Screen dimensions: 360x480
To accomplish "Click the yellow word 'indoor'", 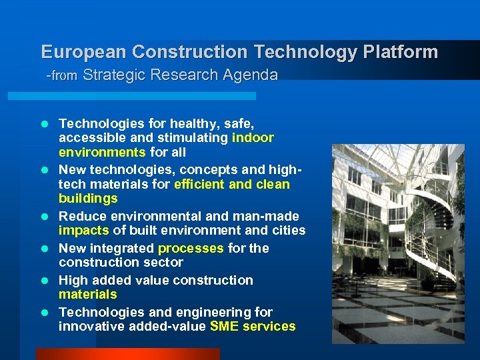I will [253, 137].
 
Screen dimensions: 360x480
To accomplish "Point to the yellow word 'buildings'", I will [88, 198].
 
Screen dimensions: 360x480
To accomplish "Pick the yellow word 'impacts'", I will [83, 230].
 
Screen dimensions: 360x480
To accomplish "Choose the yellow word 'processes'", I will [191, 248].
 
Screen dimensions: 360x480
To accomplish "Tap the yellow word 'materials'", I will [87, 294].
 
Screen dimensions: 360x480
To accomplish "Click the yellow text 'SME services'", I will [253, 326].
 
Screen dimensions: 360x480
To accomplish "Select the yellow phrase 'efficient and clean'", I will [231, 184].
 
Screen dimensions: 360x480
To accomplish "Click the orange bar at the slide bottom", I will [127, 354].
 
